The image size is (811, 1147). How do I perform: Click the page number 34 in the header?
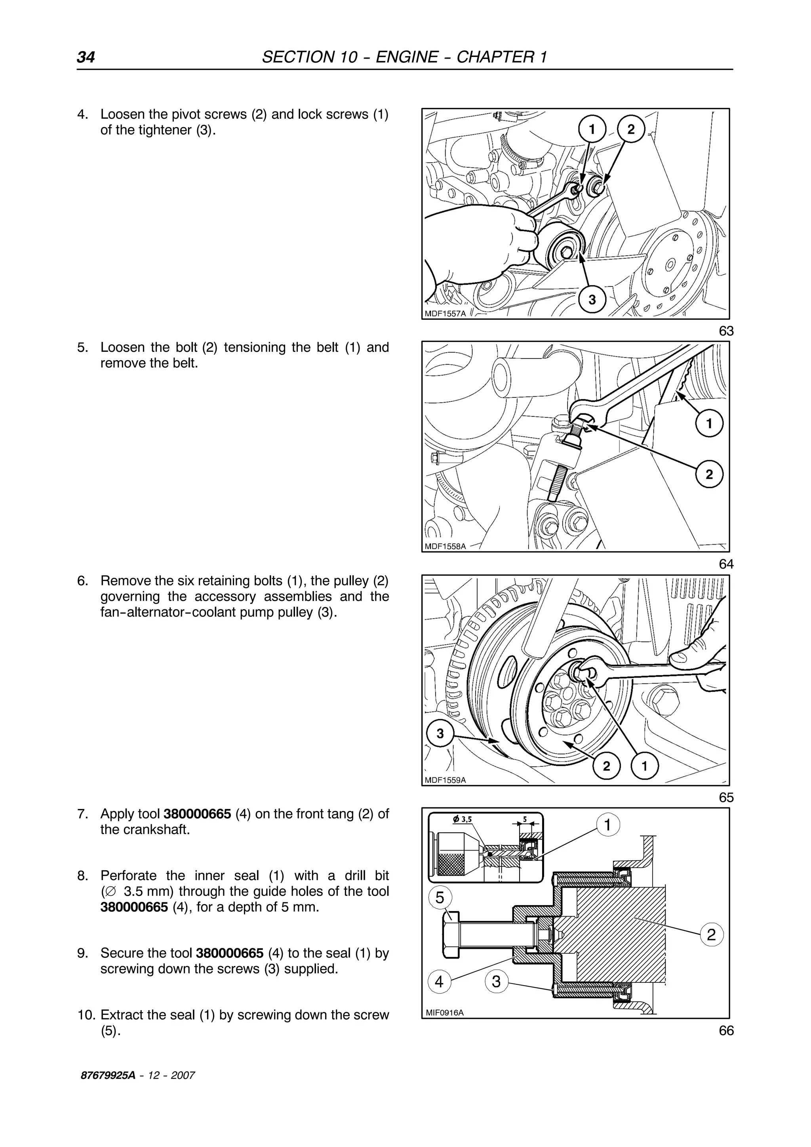pos(86,57)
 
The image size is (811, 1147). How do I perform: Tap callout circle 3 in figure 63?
pos(592,299)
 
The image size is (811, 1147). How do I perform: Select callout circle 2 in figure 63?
pos(631,129)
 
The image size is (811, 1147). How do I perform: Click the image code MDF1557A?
pos(445,314)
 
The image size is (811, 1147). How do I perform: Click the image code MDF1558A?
pos(445,547)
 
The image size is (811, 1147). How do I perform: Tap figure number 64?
pos(726,564)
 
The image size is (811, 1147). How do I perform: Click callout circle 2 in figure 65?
pos(607,766)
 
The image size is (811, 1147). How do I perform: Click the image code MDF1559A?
pos(445,780)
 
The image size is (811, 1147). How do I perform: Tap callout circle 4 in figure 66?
pos(439,982)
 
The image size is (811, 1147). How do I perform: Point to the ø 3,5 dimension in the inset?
pos(462,819)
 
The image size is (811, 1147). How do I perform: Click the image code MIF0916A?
pos(444,1012)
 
